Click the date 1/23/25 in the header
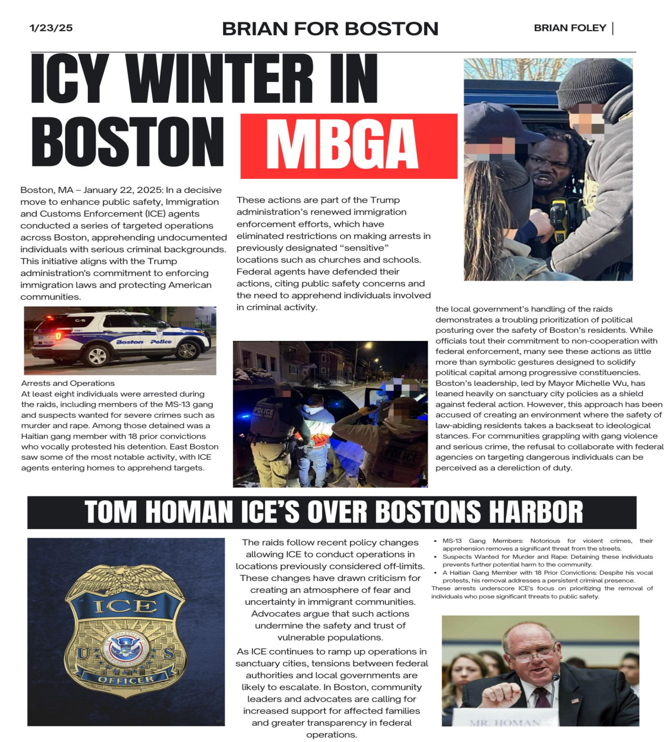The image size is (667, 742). [51, 28]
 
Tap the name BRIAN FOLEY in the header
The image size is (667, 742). [570, 28]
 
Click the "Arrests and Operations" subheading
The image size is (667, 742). [68, 383]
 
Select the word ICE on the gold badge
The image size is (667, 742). [126, 606]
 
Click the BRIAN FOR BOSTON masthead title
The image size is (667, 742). [330, 29]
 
